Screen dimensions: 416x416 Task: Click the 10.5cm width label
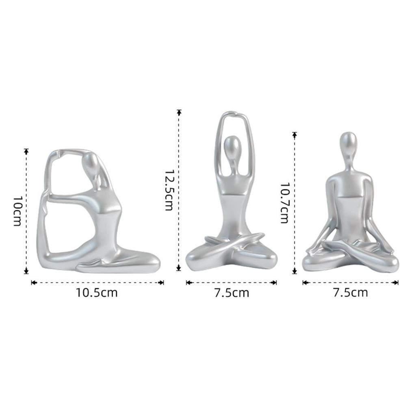click(x=97, y=292)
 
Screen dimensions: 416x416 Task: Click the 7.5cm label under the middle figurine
click(x=231, y=292)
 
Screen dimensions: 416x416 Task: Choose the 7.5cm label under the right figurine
click(x=350, y=292)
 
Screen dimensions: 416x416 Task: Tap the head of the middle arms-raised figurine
click(x=232, y=144)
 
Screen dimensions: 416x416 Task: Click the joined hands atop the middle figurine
click(x=231, y=112)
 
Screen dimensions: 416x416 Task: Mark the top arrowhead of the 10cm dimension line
click(x=26, y=151)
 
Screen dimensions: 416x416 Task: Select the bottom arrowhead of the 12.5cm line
click(x=178, y=268)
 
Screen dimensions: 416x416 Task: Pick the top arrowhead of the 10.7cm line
click(x=295, y=134)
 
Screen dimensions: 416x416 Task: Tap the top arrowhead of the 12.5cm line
click(x=178, y=113)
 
